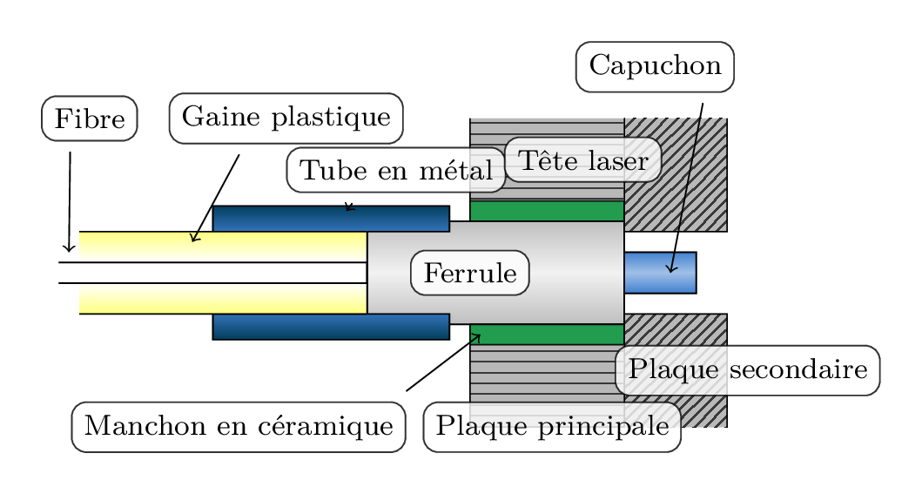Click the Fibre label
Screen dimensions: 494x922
pyautogui.click(x=89, y=118)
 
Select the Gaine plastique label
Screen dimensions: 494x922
pyautogui.click(x=286, y=118)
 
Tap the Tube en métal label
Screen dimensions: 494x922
pyautogui.click(x=396, y=171)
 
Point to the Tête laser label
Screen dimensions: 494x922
pyautogui.click(x=582, y=160)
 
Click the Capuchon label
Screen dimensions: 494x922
pyautogui.click(x=655, y=66)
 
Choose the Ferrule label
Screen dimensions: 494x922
pyautogui.click(x=470, y=274)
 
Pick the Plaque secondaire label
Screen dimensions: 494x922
pyautogui.click(x=747, y=370)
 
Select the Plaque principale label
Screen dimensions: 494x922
pyautogui.click(x=552, y=427)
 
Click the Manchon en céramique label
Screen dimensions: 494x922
pyautogui.click(x=239, y=427)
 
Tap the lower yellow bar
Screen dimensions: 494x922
pyautogui.click(x=223, y=298)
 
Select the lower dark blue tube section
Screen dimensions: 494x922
pyautogui.click(x=331, y=326)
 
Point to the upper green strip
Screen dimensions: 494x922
pyautogui.click(x=547, y=211)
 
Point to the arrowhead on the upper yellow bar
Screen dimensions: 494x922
pyautogui.click(x=195, y=237)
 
